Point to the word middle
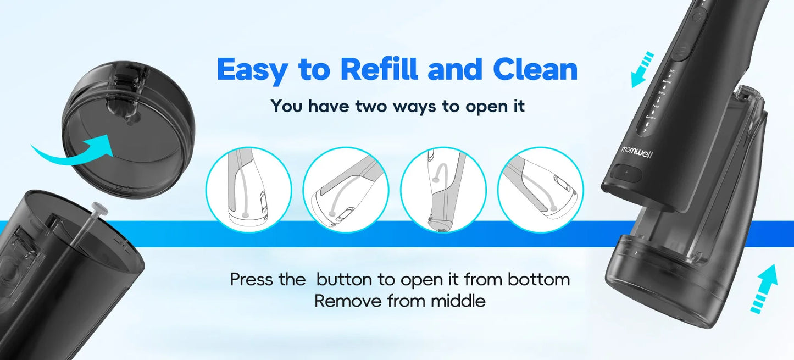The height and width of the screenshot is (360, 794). (x=458, y=301)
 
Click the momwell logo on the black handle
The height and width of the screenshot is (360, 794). (x=637, y=149)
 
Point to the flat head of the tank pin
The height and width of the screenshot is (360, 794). (x=99, y=208)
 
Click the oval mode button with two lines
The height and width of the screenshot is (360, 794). (x=682, y=53)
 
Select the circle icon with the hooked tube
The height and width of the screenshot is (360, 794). (x=443, y=190)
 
